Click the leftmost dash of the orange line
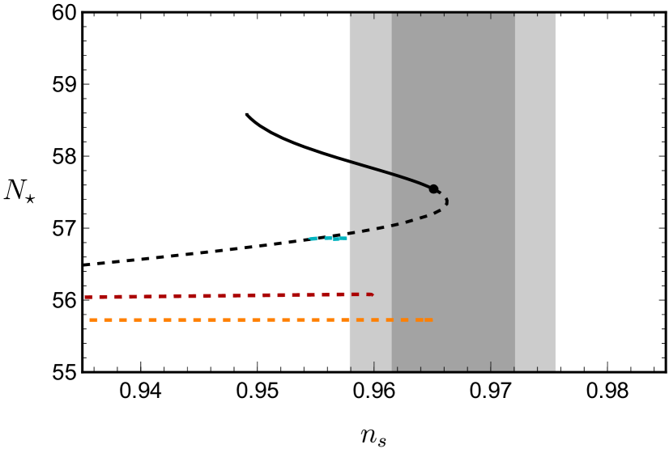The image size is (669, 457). pos(93,319)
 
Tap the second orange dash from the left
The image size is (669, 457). pos(108,319)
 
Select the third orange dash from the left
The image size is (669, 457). pos(123,319)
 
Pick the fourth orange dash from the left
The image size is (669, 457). pos(138,319)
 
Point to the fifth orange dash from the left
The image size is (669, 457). pos(152,319)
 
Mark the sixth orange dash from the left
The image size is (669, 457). pos(168,319)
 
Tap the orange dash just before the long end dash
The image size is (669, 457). pos(404,319)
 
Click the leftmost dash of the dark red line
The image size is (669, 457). pos(88,297)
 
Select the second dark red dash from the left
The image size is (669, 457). pos(103,297)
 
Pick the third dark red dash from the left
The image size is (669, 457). pos(118,297)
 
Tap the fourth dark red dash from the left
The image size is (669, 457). pos(133,297)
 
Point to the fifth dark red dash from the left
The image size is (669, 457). pos(147,296)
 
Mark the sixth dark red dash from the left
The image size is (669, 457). pos(163,296)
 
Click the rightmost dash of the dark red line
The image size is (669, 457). pos(369,294)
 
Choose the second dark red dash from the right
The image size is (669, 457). pos(355,294)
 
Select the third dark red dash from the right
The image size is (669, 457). pos(340,294)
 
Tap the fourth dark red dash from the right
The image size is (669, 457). pos(326,294)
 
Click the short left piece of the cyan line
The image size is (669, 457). pos(313,239)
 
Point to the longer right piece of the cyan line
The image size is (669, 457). pos(336,238)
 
